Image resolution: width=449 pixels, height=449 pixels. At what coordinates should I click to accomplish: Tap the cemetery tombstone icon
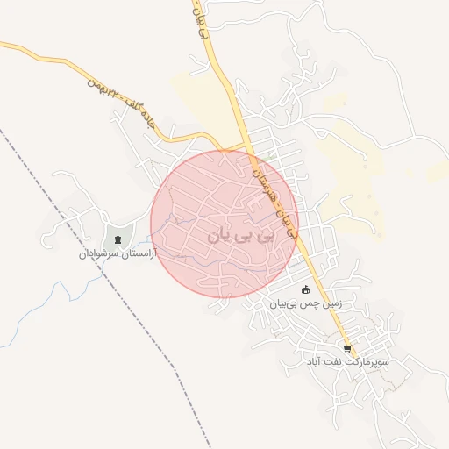pos(117,239)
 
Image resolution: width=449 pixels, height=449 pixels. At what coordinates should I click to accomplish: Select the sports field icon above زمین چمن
pos(305,290)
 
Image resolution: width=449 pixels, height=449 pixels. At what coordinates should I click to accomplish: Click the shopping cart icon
pos(347,348)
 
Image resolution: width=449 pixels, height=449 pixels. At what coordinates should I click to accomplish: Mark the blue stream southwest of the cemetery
pos(35,311)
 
